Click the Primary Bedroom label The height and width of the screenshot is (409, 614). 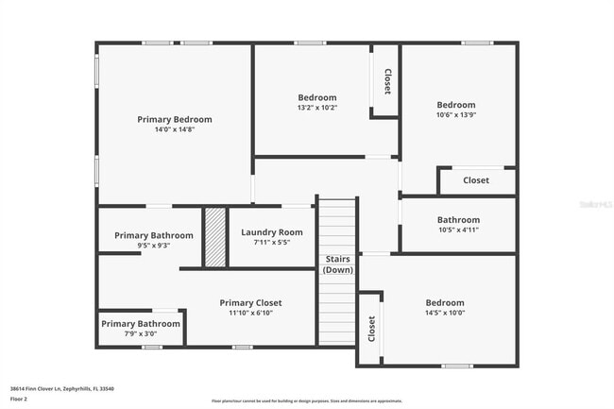(x=175, y=120)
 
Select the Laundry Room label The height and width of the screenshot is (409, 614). (x=272, y=232)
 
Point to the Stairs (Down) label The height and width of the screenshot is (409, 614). (x=338, y=264)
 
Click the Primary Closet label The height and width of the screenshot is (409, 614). (x=250, y=303)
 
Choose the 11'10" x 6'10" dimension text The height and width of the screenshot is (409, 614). (x=250, y=314)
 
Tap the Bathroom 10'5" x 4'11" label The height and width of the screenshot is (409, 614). (x=458, y=225)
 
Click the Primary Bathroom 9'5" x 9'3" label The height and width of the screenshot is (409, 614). (x=154, y=240)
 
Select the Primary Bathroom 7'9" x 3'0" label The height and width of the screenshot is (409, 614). (x=140, y=328)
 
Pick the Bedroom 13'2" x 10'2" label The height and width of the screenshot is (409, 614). (x=317, y=102)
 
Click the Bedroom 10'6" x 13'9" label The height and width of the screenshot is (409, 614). (x=455, y=110)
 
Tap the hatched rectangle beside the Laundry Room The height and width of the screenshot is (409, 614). (x=215, y=237)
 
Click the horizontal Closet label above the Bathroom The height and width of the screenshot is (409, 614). (x=476, y=180)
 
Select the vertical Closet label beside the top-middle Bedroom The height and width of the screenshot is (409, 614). (x=386, y=80)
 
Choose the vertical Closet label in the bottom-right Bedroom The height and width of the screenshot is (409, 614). (x=370, y=329)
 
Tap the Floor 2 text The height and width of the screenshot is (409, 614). (x=19, y=400)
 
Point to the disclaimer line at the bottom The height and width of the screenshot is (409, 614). (x=306, y=400)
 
